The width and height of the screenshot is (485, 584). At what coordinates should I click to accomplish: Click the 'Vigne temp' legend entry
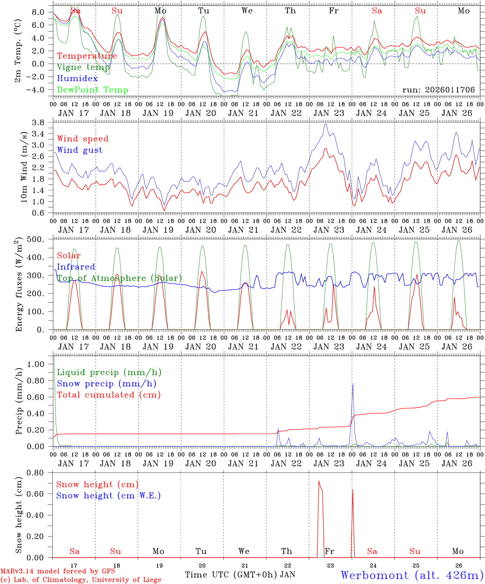tap(83, 67)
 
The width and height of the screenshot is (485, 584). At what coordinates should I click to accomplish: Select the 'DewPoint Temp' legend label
tap(93, 90)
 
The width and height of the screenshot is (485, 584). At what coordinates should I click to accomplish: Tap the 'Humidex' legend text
tap(77, 79)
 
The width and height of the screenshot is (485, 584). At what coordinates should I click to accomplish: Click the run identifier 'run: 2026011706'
tap(438, 90)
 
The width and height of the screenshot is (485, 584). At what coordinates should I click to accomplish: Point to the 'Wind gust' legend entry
tap(80, 150)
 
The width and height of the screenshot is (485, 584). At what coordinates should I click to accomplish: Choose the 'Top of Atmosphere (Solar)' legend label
tap(119, 278)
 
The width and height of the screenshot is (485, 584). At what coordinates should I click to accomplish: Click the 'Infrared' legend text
tap(76, 267)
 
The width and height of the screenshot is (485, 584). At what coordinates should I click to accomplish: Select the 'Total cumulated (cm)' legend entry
tap(108, 395)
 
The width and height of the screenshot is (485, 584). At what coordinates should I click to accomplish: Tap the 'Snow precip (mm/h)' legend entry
tap(106, 384)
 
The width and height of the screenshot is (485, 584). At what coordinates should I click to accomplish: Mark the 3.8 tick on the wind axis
tap(42, 122)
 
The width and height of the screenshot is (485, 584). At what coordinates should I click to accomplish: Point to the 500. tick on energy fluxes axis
tap(40, 239)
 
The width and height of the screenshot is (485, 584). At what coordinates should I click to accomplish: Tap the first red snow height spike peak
tap(319, 481)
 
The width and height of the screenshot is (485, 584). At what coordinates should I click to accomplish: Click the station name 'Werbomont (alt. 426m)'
tap(411, 575)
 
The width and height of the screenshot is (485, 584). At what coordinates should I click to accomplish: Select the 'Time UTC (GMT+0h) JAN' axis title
tap(240, 575)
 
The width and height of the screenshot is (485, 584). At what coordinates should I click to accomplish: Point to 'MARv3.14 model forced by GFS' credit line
tap(58, 571)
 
